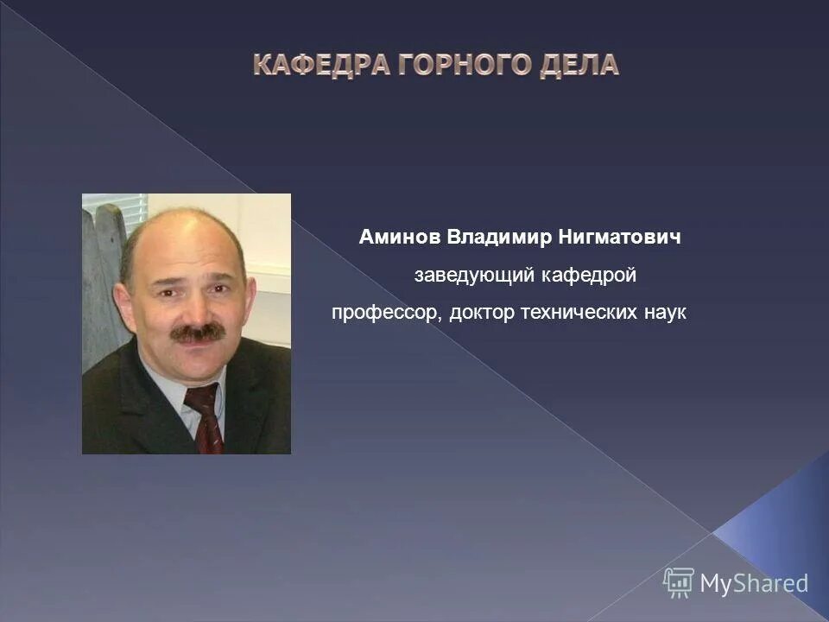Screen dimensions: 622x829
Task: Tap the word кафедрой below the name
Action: [x=589, y=276]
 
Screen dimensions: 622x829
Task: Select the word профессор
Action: [x=387, y=313]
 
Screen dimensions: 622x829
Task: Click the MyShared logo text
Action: [x=754, y=583]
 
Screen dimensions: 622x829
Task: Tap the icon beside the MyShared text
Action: [x=679, y=582]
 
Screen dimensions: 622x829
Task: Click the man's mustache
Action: [x=198, y=331]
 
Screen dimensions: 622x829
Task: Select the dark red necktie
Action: [x=206, y=418]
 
